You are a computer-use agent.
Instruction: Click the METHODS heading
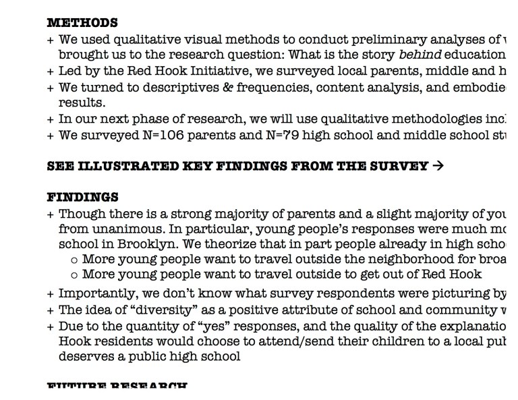pyautogui.click(x=82, y=24)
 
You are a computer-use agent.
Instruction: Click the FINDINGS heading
pyautogui.click(x=82, y=198)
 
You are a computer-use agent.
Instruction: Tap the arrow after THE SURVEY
pyautogui.click(x=438, y=166)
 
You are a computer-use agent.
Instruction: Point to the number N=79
pyautogui.click(x=262, y=135)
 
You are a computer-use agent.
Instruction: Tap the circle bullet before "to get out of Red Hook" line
pyautogui.click(x=74, y=275)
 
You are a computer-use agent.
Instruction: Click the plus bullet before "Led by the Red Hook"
pyautogui.click(x=51, y=72)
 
